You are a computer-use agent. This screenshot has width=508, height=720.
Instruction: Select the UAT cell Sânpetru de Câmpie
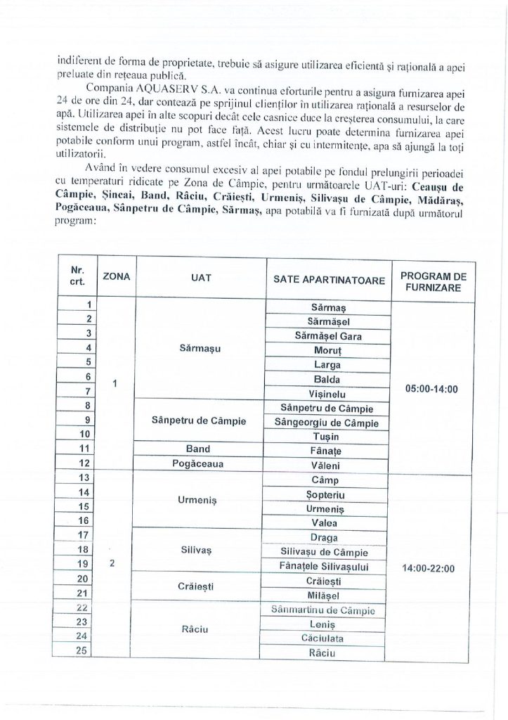tap(198, 421)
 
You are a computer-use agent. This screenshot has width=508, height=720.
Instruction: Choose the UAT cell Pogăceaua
tap(198, 465)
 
